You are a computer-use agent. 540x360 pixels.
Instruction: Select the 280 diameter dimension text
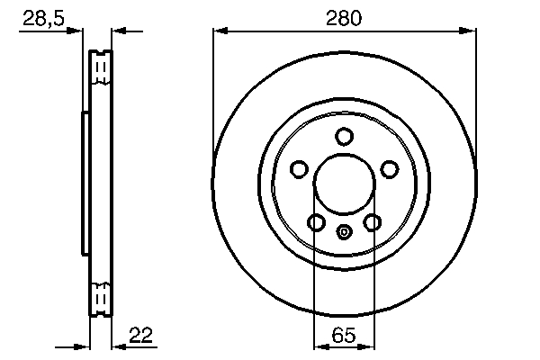pyautogui.click(x=343, y=19)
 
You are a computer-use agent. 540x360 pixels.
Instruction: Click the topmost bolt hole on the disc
pyautogui.click(x=343, y=137)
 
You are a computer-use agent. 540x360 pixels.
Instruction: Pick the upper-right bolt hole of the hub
pyautogui.click(x=389, y=168)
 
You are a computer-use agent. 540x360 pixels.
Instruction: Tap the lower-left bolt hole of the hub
pyautogui.click(x=316, y=222)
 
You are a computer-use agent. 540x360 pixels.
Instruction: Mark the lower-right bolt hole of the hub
pyautogui.click(x=371, y=222)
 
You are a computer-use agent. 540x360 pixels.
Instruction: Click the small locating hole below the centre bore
pyautogui.click(x=343, y=232)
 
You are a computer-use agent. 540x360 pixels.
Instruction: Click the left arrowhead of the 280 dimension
pyautogui.click(x=219, y=31)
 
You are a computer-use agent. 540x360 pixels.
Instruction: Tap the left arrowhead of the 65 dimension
pyautogui.click(x=318, y=346)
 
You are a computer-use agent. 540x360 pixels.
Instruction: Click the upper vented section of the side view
pyautogui.click(x=101, y=69)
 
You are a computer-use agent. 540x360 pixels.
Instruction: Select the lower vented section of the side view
pyautogui.click(x=101, y=297)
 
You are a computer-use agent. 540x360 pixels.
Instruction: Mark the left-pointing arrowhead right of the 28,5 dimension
pyautogui.click(x=118, y=31)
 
